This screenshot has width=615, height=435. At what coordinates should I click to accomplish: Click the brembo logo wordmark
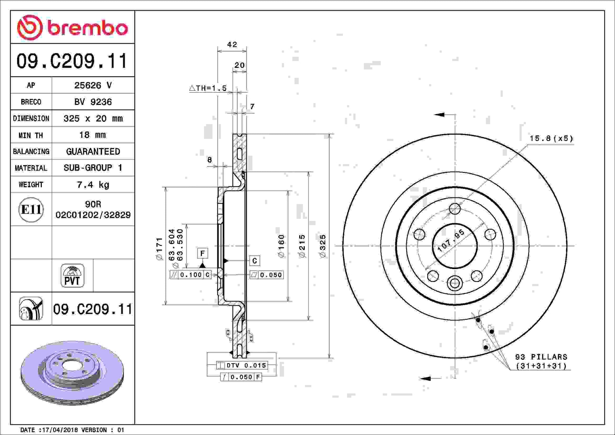point(88,28)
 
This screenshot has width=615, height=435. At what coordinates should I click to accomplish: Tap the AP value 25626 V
point(93,85)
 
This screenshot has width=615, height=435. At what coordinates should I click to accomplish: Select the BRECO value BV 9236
point(93,102)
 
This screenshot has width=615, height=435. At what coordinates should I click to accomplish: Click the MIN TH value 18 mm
point(93,135)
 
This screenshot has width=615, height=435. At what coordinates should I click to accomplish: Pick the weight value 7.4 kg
point(93,184)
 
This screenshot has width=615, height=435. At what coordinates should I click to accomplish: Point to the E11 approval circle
point(31,210)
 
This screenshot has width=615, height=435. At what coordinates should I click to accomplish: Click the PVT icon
point(72,276)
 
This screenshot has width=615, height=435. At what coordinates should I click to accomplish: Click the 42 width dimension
point(232,45)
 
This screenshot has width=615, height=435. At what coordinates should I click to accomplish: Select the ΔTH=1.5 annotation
point(208,88)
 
